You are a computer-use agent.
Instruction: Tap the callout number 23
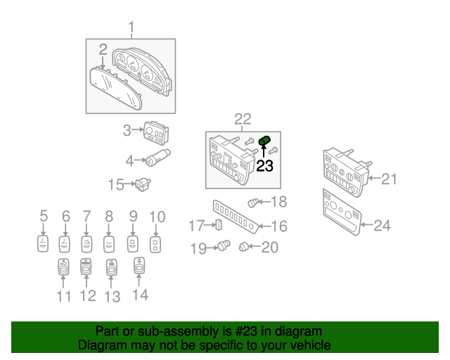click(264, 167)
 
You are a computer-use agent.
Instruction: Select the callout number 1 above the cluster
click(131, 28)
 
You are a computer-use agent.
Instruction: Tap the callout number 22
click(242, 120)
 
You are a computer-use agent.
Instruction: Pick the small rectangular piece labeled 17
click(219, 226)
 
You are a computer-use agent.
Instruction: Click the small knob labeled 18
click(254, 202)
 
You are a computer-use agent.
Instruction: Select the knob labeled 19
click(224, 246)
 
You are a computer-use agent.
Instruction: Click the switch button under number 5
click(43, 243)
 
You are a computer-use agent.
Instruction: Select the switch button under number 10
click(156, 243)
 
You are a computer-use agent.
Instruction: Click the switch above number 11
click(63, 268)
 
